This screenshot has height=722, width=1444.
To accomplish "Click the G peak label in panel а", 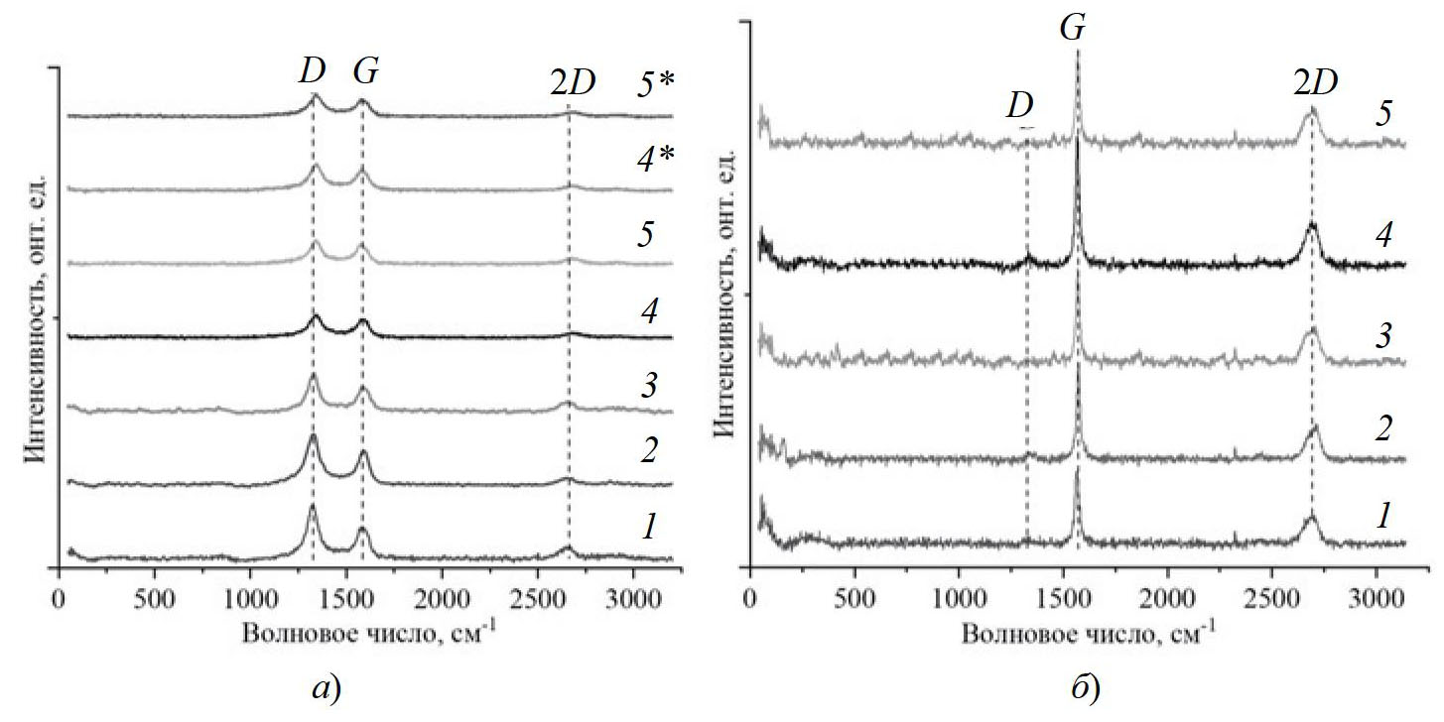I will pyautogui.click(x=366, y=71).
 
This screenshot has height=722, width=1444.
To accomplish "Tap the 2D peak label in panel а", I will pyautogui.click(x=572, y=84).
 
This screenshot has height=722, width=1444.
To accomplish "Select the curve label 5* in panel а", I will pyautogui.click(x=655, y=86).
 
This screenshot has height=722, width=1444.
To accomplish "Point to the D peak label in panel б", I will pyautogui.click(x=1020, y=105).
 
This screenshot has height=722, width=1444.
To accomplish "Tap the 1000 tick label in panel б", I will pyautogui.click(x=958, y=601).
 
